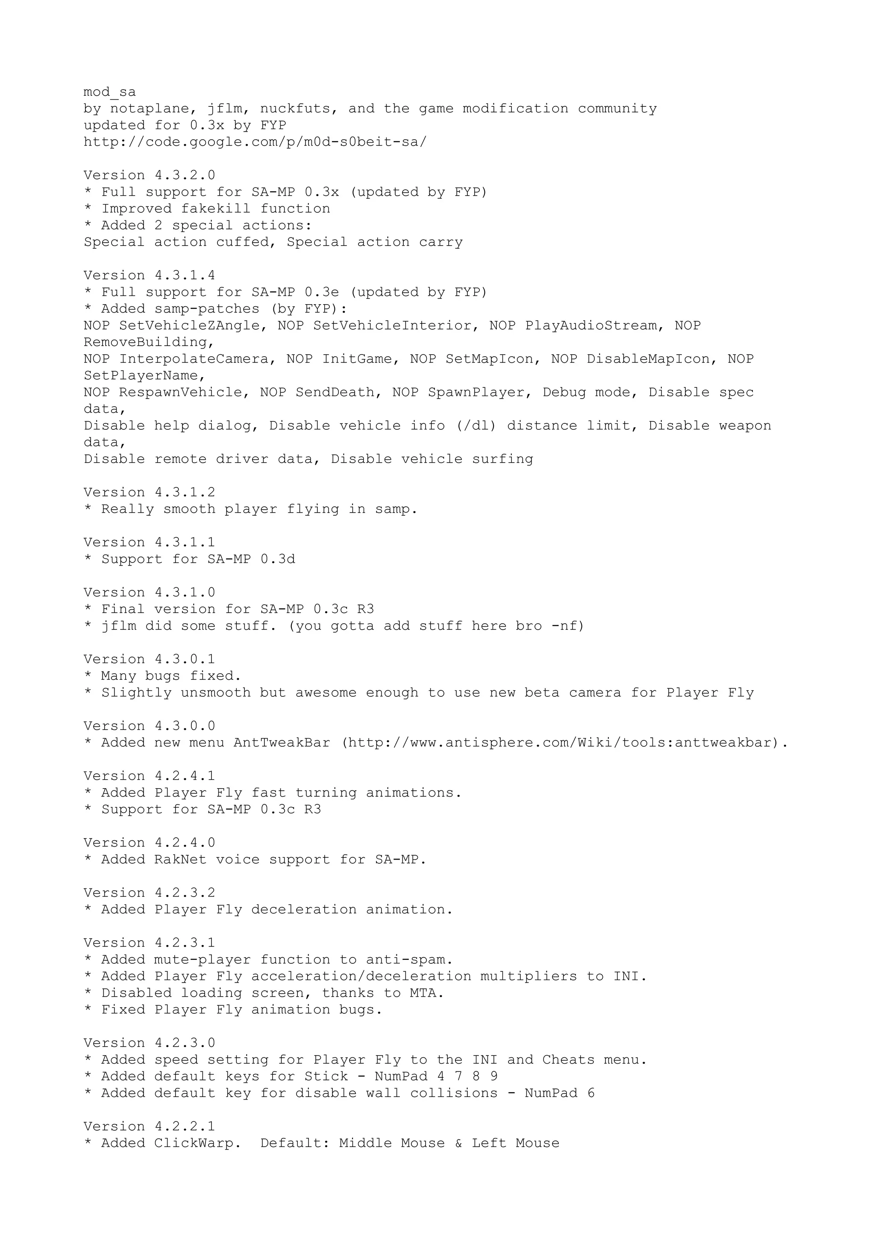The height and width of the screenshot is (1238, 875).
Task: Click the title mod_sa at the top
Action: (x=109, y=92)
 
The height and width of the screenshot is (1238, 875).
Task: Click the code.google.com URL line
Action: (x=255, y=142)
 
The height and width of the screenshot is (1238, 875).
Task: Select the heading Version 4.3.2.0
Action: (x=150, y=175)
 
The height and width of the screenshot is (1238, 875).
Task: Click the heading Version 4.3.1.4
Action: (x=150, y=276)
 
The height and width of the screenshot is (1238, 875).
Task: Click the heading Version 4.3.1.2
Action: (x=150, y=493)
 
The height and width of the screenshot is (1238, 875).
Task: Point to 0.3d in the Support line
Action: (x=278, y=559)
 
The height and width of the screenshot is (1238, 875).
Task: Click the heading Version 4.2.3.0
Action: (x=150, y=1043)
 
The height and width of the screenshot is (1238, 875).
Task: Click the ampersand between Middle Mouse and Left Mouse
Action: (x=458, y=1143)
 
